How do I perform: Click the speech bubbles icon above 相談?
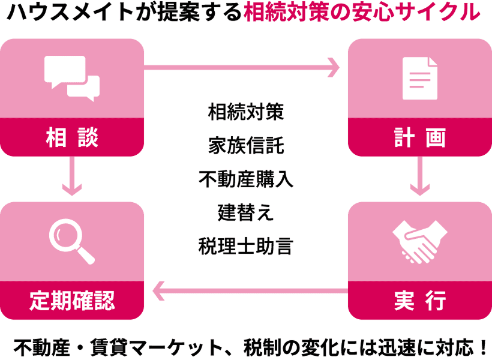tap(72, 78)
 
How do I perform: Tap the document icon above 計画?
tap(419, 78)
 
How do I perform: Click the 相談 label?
tap(72, 138)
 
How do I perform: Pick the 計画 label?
tap(419, 138)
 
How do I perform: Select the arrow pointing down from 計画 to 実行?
tap(419, 176)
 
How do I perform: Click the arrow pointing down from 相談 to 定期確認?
tap(72, 176)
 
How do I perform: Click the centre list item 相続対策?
tap(245, 112)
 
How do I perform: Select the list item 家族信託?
tap(245, 145)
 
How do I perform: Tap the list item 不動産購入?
tap(245, 179)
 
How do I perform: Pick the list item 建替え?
tap(245, 212)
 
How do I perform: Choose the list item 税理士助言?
tap(245, 246)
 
